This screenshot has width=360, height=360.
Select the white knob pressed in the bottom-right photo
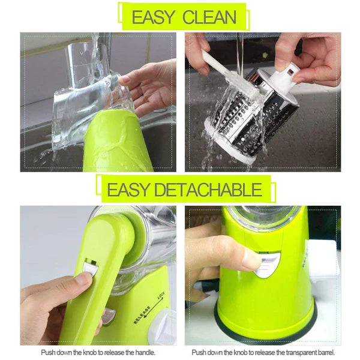(x=268, y=264)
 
